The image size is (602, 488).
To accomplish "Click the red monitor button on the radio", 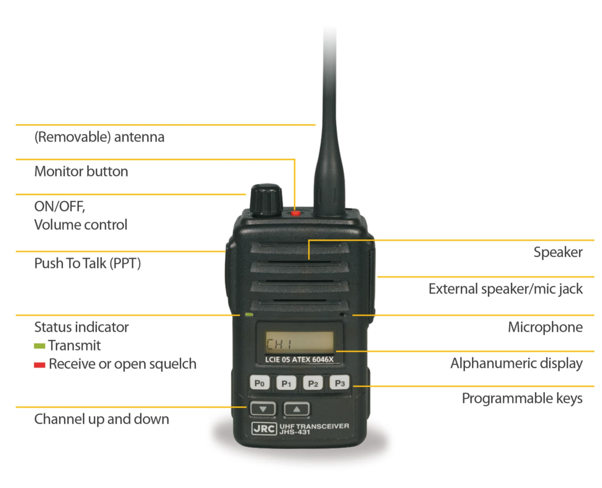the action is click(295, 213).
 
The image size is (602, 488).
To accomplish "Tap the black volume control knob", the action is click(266, 200).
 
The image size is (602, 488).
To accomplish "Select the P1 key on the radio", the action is click(286, 383).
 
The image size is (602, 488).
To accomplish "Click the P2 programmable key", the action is click(313, 383).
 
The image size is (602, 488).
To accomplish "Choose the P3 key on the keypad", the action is click(340, 383).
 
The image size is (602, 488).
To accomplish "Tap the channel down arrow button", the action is click(263, 409).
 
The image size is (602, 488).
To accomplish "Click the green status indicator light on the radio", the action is click(249, 315).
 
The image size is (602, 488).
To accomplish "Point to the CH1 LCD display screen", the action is click(299, 343).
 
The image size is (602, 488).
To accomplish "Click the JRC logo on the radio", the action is click(264, 428).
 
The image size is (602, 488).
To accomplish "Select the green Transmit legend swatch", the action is click(39, 346).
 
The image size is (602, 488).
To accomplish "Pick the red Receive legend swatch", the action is click(39, 365).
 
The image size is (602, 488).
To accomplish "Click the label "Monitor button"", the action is click(81, 171).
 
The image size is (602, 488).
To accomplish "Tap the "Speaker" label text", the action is click(558, 252).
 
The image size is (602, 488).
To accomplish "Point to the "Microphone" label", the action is click(545, 327).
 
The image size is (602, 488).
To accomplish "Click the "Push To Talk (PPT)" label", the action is click(88, 263).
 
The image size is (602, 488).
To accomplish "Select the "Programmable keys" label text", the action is click(522, 399).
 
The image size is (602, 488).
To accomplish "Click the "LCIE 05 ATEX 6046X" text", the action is click(299, 359).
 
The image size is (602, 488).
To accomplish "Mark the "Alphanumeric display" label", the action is click(516, 363).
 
